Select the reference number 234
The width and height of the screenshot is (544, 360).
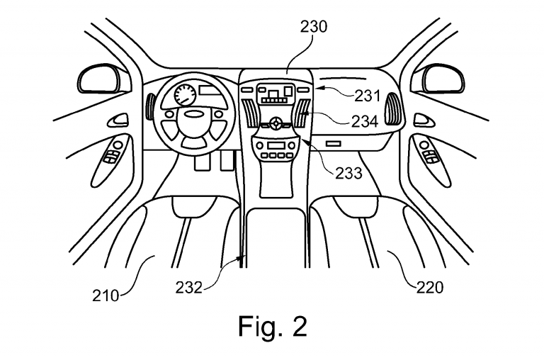(368, 120)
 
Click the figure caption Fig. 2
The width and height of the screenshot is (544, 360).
(272, 327)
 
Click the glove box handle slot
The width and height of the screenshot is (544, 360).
(334, 143)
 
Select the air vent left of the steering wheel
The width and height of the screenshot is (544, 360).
(150, 108)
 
